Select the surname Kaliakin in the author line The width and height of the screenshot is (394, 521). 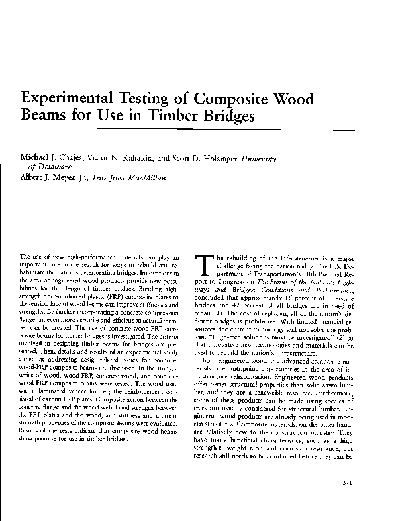click(x=115, y=159)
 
